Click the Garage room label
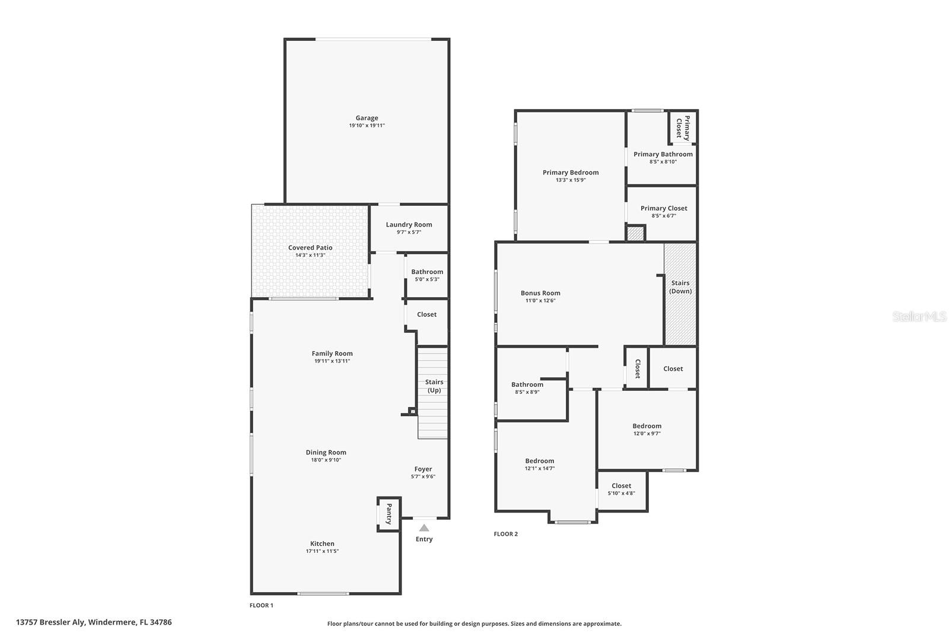pyautogui.click(x=367, y=118)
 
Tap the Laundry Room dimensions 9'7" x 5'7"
pyautogui.click(x=409, y=233)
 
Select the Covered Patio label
pyautogui.click(x=310, y=248)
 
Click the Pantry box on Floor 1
pyautogui.click(x=389, y=514)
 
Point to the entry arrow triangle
pyautogui.click(x=424, y=527)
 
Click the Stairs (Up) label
pyautogui.click(x=434, y=386)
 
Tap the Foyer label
pyautogui.click(x=423, y=469)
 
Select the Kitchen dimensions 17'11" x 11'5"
pyautogui.click(x=322, y=552)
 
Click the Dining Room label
pyautogui.click(x=326, y=453)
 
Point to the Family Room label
pyautogui.click(x=332, y=354)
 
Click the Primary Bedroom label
pyautogui.click(x=571, y=173)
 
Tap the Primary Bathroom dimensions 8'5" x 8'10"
pyautogui.click(x=663, y=162)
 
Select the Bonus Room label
pyautogui.click(x=540, y=293)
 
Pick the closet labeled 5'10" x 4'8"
pyautogui.click(x=621, y=489)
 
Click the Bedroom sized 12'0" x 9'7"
pyautogui.click(x=647, y=430)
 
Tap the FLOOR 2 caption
pyautogui.click(x=505, y=534)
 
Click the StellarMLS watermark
pyautogui.click(x=919, y=317)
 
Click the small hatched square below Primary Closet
pyautogui.click(x=636, y=234)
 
